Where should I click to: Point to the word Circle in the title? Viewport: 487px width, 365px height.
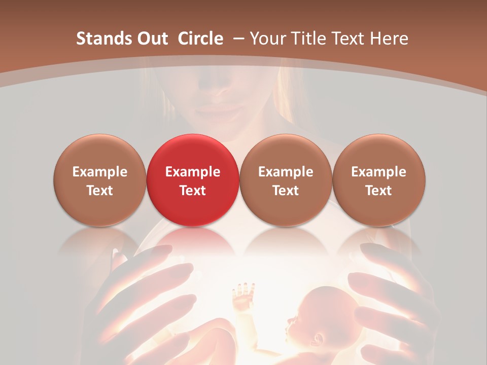click(x=200, y=39)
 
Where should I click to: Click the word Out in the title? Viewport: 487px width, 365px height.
click(x=151, y=39)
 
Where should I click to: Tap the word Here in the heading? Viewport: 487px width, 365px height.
click(x=389, y=39)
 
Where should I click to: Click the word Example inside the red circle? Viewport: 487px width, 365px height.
click(x=192, y=172)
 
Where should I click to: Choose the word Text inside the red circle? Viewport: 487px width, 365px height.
click(x=192, y=191)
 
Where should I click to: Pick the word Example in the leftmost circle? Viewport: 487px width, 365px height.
click(x=99, y=172)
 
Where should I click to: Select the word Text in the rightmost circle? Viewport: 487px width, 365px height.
click(x=378, y=191)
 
